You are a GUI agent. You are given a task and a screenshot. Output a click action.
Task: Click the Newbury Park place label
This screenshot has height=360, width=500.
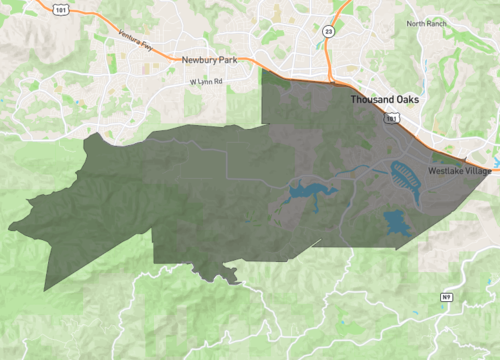click(x=210, y=59)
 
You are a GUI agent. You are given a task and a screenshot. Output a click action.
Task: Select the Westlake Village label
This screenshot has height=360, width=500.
click(x=460, y=172)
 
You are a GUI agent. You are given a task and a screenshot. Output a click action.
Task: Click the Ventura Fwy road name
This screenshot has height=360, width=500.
click(x=136, y=41)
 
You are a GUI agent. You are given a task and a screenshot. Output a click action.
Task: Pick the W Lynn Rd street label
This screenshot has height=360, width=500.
click(x=206, y=82)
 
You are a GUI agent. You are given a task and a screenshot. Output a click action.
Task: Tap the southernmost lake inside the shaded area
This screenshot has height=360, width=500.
click(x=398, y=225)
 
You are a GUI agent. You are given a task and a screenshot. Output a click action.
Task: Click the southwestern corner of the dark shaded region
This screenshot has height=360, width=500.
click(x=46, y=291)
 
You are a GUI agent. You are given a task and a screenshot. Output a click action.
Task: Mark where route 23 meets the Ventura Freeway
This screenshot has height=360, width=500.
click(x=330, y=80)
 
